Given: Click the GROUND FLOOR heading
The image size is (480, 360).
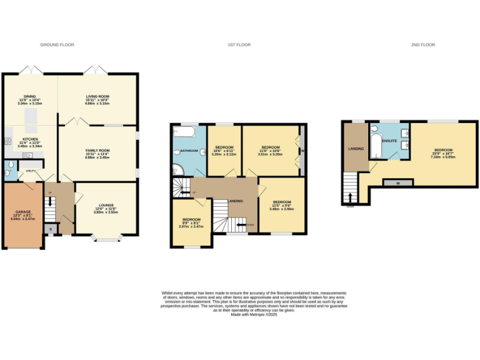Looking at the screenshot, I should click(x=57, y=45).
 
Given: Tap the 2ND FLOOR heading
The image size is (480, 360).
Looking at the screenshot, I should click(x=424, y=45).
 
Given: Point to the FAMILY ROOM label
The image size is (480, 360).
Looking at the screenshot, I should click(x=97, y=150).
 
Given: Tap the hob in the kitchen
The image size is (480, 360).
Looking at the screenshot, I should click(x=8, y=142).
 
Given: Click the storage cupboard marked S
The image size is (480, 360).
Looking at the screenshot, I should click(x=52, y=229).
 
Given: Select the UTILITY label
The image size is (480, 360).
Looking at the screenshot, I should click(x=29, y=170).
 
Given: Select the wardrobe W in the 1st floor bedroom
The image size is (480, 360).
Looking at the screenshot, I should click(x=301, y=150).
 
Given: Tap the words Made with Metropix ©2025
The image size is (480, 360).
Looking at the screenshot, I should click(x=253, y=315).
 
